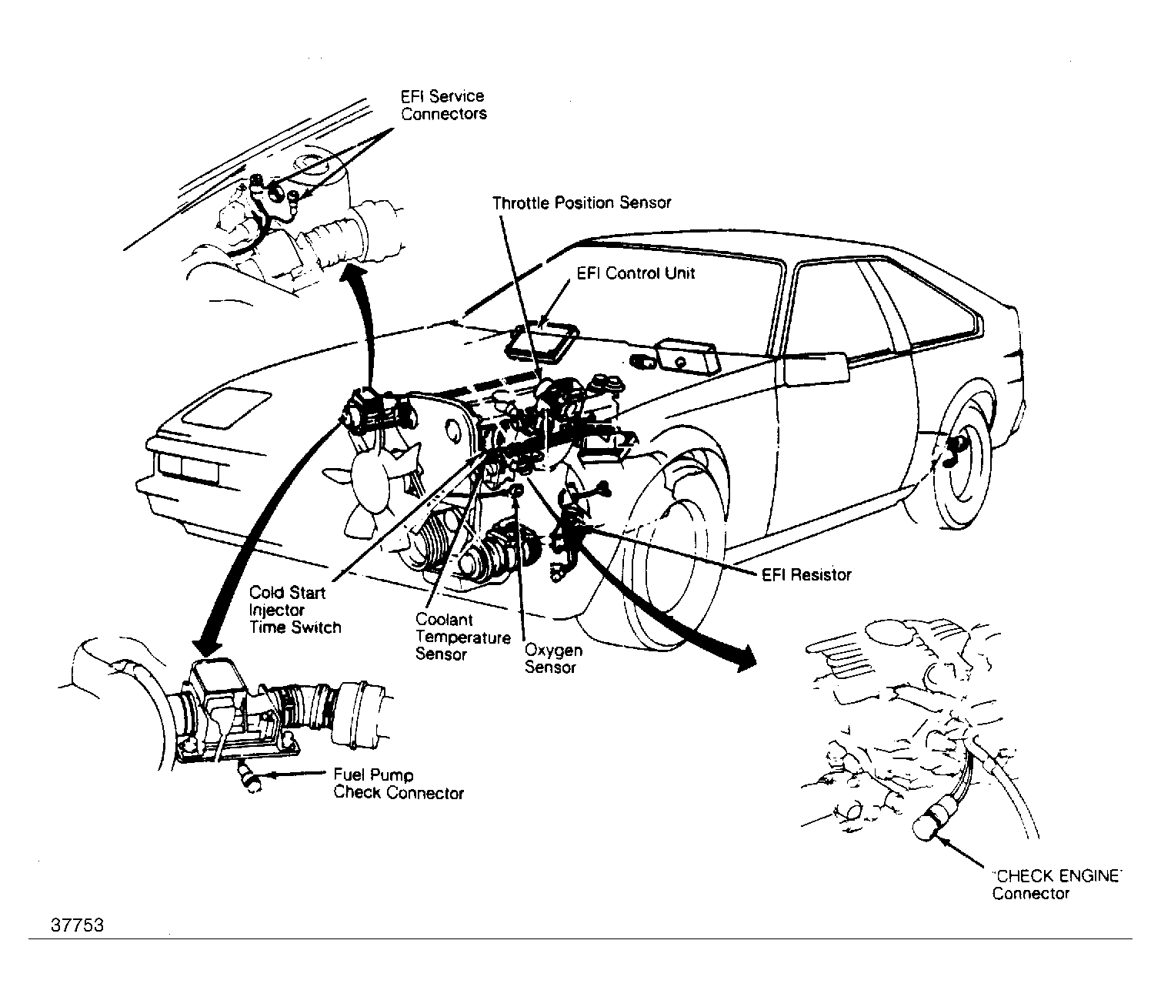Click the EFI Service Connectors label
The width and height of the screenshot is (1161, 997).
(x=443, y=105)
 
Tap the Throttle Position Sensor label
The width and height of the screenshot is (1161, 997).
(x=582, y=203)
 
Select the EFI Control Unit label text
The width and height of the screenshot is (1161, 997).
(x=636, y=273)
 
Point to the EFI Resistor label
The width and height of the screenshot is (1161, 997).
(x=806, y=574)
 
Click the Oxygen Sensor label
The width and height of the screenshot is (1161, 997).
(x=553, y=658)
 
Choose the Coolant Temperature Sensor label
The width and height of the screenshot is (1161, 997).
(x=463, y=637)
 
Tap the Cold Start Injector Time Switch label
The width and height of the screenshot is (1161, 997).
(x=295, y=610)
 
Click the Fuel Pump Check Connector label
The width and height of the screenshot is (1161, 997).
(x=399, y=784)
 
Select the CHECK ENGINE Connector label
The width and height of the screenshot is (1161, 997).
(x=1056, y=885)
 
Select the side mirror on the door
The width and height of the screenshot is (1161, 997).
(x=815, y=369)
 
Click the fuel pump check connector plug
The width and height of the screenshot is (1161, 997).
(x=249, y=776)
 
